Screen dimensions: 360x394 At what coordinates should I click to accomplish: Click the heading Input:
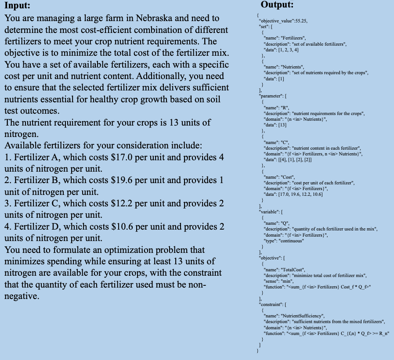click(18, 7)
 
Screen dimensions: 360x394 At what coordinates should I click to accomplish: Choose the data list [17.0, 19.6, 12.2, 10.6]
click(301, 194)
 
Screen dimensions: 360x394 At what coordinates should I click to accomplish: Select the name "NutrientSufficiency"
click(303, 316)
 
